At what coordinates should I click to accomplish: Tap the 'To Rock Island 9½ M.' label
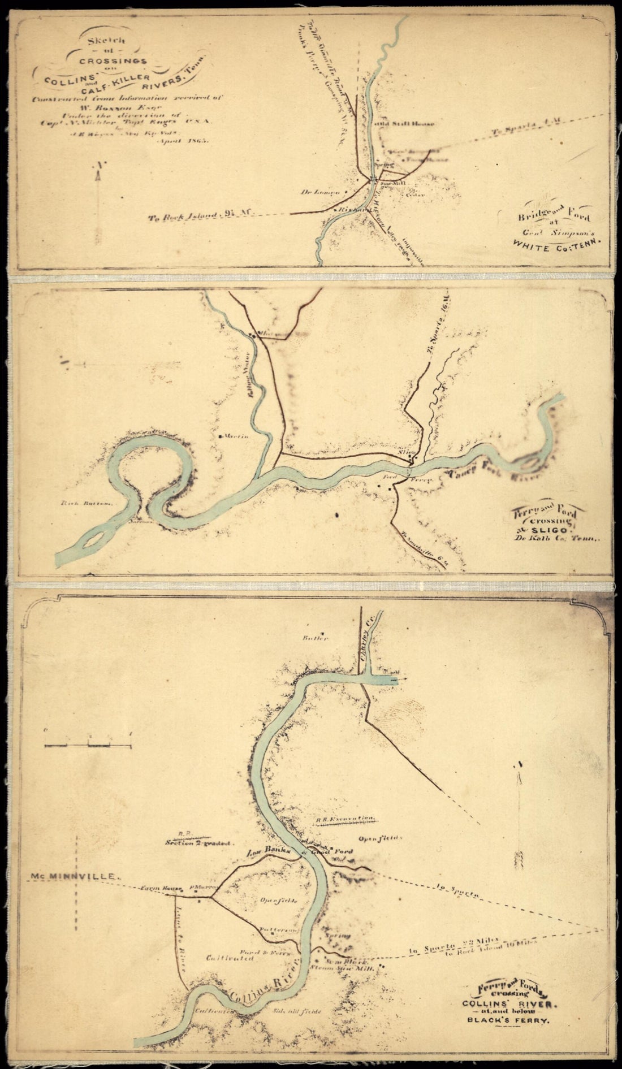point(200,214)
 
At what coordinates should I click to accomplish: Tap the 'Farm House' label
point(161,888)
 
